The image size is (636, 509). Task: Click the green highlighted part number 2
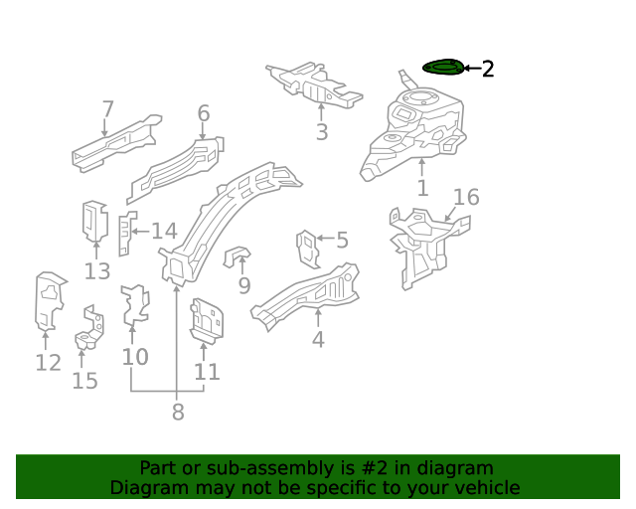coord(443,68)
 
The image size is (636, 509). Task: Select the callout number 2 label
coord(487,69)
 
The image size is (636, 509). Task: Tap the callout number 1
coord(422,188)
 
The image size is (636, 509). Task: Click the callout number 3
coord(321,132)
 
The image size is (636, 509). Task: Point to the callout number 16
coord(466,197)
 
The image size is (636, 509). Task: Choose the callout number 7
coord(107,109)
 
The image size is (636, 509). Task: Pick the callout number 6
coord(204,113)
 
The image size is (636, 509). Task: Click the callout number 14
coord(163,232)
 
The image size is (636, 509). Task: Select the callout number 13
coord(97,271)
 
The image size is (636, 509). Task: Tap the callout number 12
coord(48,362)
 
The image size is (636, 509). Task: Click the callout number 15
coord(85,380)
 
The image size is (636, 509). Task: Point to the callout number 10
coord(135,356)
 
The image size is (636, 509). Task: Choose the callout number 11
coord(207,372)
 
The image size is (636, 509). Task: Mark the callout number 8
coord(178,412)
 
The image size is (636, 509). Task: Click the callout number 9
coord(244,286)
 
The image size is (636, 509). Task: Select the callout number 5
coord(342,240)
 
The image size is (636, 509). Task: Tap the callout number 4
coord(318,339)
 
